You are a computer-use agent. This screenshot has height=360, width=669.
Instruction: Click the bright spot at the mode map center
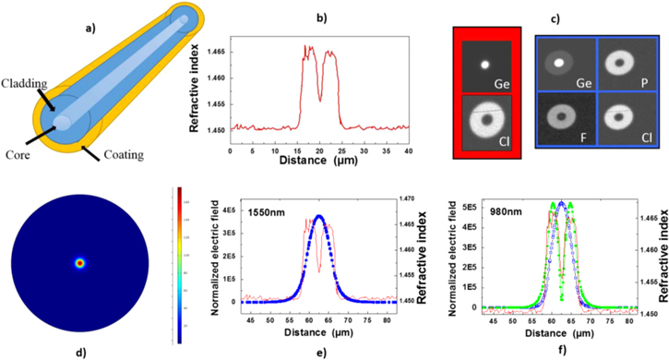tap(79, 264)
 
